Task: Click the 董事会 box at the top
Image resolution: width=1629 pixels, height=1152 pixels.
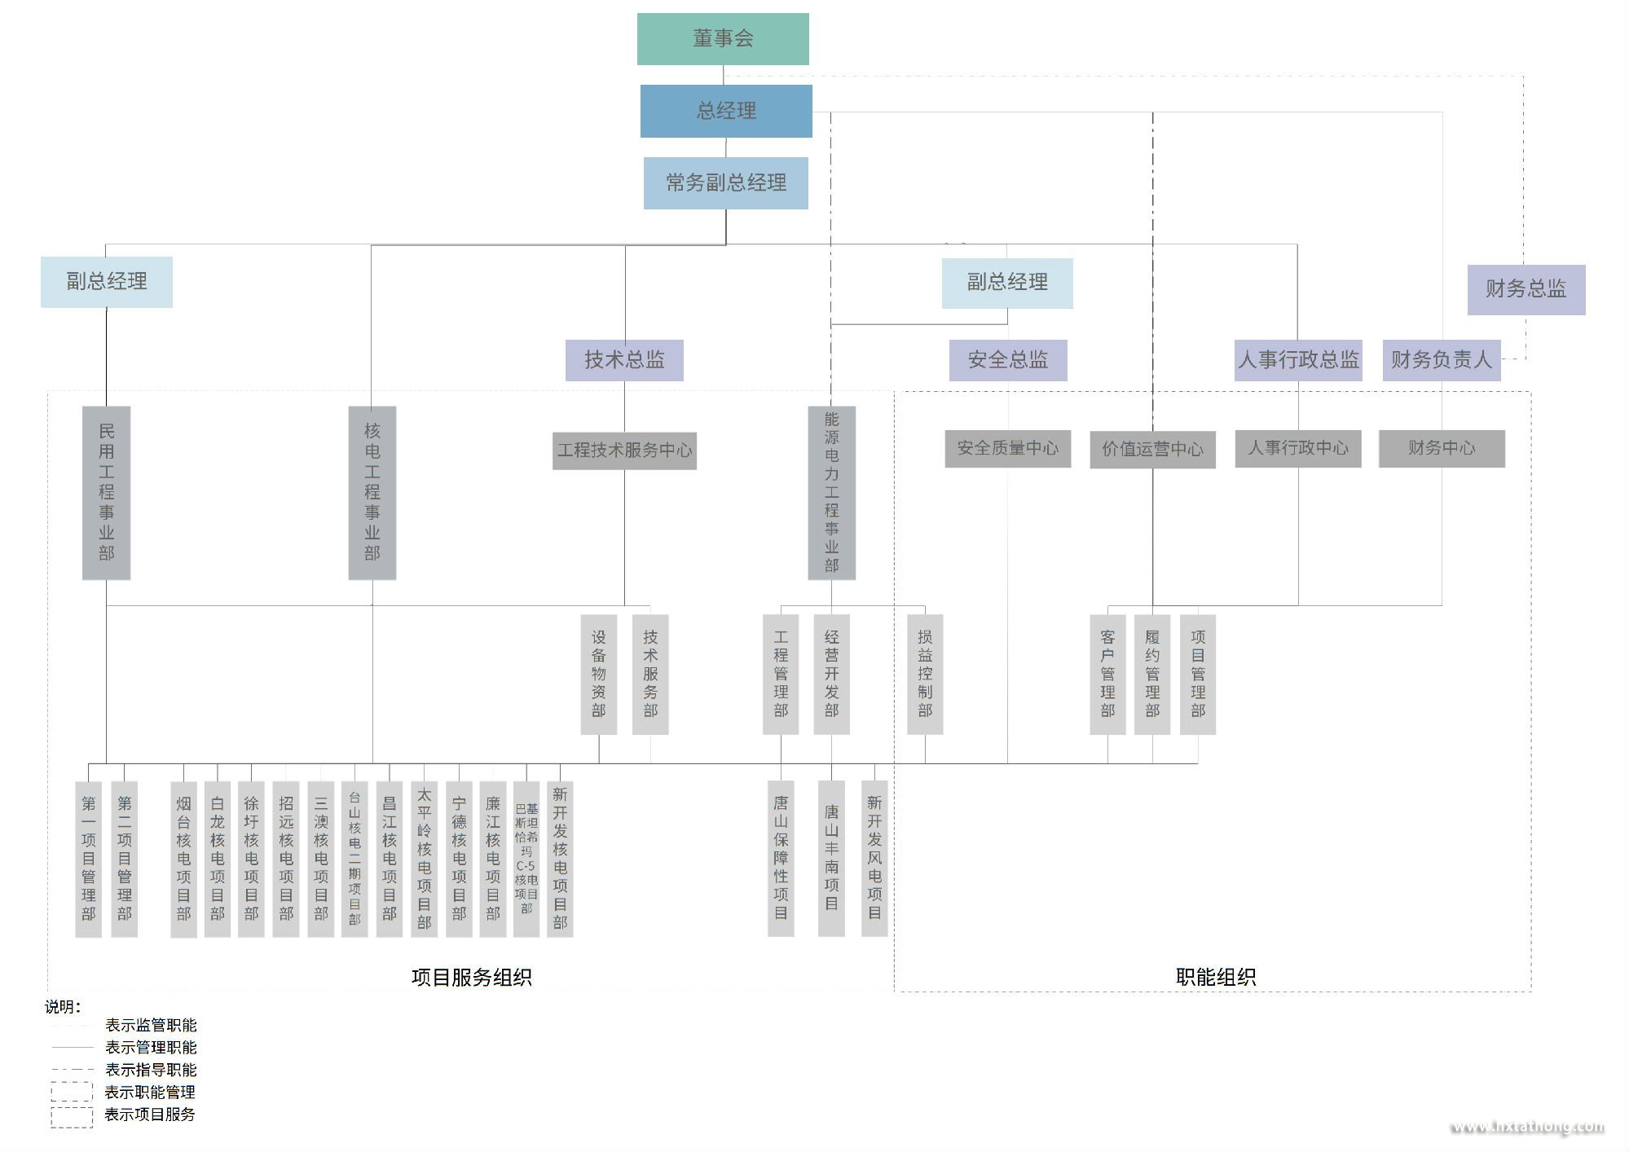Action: (723, 38)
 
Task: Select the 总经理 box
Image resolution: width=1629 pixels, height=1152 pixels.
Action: (726, 111)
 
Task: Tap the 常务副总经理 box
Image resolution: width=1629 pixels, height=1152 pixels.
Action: (726, 183)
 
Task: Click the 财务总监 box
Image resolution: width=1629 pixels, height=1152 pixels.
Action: (1526, 289)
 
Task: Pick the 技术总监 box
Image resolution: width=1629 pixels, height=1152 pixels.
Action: (624, 360)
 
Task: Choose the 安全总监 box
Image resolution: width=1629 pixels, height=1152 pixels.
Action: (1008, 360)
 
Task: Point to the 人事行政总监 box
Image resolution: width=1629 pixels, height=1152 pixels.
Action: (1298, 360)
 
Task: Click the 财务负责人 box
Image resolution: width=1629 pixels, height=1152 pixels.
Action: (1441, 360)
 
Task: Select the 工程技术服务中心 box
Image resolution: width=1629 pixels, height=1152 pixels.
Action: (624, 451)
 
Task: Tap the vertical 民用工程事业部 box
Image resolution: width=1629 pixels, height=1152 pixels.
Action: (107, 492)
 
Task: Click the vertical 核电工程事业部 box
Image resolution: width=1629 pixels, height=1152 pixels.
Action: (372, 492)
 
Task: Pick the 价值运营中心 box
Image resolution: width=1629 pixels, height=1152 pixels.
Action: (1152, 449)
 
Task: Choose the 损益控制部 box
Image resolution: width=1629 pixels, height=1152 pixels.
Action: (925, 674)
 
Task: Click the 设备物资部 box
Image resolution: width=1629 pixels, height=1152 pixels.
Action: (599, 674)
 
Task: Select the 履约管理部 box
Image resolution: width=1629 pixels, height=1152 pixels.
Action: (1152, 674)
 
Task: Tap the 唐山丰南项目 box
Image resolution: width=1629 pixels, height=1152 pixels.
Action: (831, 857)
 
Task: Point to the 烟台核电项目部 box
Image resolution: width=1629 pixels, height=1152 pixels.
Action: (183, 859)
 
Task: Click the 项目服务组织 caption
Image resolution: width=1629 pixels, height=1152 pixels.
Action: (471, 977)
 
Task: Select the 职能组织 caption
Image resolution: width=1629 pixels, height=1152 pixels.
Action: (1215, 977)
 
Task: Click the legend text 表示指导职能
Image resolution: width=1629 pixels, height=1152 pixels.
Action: (151, 1070)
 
